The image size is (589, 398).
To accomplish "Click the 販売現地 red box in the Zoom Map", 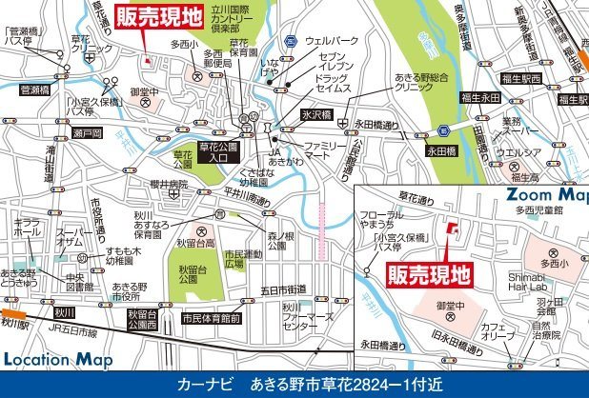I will point(430,274).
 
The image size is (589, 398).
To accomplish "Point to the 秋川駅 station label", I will point(16,323).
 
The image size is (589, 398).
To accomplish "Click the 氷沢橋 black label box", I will point(315,114).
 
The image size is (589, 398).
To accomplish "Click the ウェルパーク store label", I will point(332,41).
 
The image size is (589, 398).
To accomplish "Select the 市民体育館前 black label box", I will point(211,318).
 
